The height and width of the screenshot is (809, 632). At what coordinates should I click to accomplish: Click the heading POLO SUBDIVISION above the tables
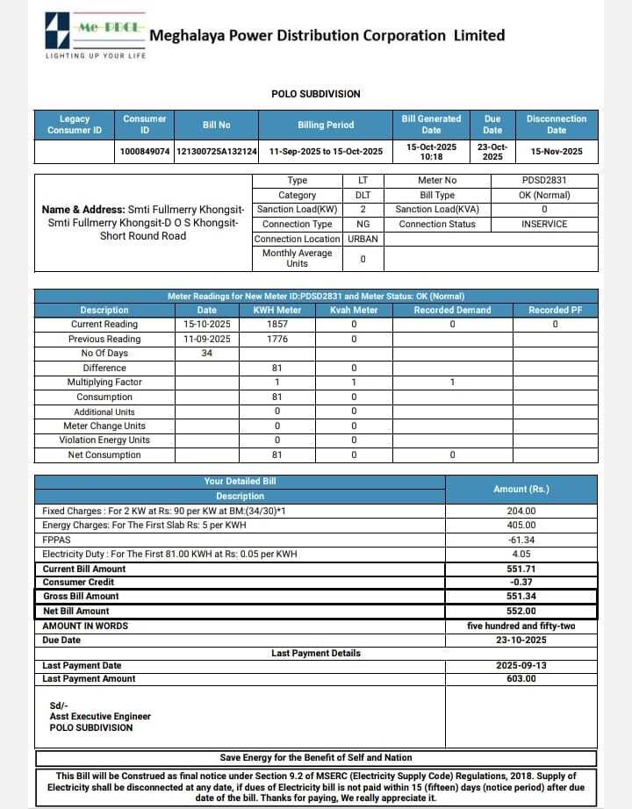(316, 94)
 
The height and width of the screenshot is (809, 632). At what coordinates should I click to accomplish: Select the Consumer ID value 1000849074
(145, 151)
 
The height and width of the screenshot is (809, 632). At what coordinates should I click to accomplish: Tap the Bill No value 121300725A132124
(217, 151)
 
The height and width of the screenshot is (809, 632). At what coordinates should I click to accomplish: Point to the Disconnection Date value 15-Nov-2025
(557, 151)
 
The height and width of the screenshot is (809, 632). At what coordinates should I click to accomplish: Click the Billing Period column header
(326, 125)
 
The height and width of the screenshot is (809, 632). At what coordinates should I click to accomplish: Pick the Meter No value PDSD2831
(544, 181)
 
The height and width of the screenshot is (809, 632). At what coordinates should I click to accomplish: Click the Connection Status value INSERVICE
(544, 224)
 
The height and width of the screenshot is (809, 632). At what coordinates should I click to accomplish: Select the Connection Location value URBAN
(363, 239)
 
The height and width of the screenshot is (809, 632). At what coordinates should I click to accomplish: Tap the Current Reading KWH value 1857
(276, 325)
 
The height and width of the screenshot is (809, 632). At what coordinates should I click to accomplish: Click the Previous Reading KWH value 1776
(276, 339)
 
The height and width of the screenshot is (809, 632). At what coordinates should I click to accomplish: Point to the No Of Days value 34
(207, 354)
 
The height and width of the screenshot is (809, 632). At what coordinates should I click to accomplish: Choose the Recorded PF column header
(555, 310)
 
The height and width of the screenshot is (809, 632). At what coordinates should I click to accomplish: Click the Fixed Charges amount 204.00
(521, 511)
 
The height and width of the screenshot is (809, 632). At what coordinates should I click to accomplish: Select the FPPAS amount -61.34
(521, 540)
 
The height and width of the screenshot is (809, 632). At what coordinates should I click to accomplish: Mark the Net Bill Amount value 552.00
(521, 611)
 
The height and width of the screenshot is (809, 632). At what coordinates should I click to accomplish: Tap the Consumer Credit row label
(78, 583)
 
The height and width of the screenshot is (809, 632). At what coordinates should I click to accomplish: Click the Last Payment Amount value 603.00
(521, 678)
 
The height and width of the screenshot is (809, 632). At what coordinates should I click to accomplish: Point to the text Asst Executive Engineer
(100, 716)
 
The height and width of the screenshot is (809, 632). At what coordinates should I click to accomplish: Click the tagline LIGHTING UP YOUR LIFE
(96, 56)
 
